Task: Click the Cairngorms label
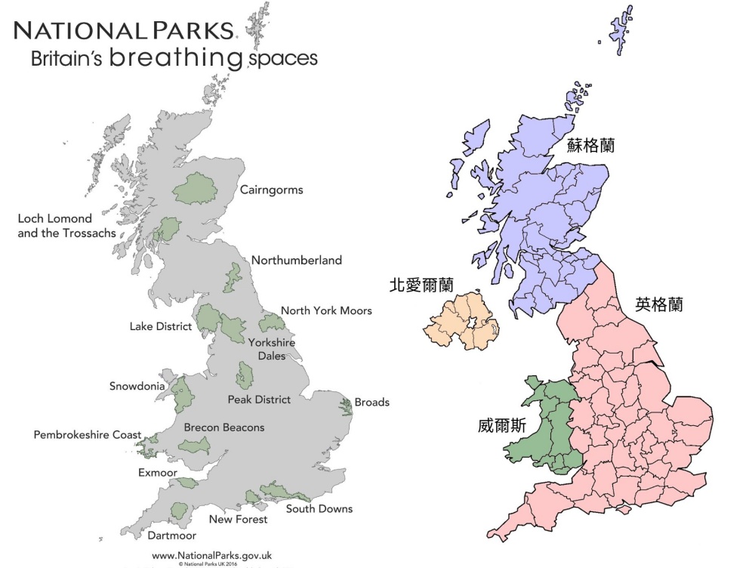271,190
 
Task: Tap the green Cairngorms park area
195,188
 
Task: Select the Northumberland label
296,261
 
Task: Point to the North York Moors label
326,310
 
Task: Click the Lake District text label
161,326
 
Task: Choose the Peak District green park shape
245,375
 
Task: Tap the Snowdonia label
137,386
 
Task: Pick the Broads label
371,402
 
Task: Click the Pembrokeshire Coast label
87,435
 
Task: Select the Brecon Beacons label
224,428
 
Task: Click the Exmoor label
158,473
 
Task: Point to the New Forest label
238,519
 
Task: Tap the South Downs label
319,508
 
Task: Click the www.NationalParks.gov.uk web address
212,555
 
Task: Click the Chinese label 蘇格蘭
591,146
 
